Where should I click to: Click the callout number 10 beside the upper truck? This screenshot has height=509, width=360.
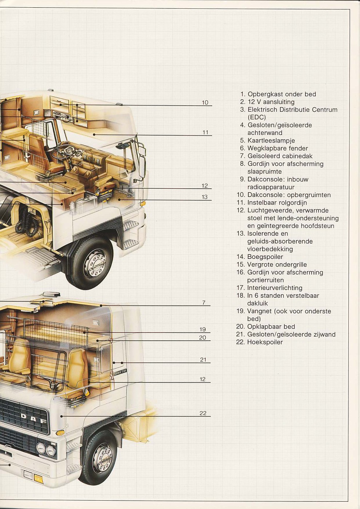pyautogui.click(x=205, y=103)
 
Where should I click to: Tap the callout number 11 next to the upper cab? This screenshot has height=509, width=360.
pyautogui.click(x=205, y=132)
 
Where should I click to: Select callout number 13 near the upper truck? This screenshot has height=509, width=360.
pyautogui.click(x=205, y=197)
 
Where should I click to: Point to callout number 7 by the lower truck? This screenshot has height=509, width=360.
pyautogui.click(x=204, y=302)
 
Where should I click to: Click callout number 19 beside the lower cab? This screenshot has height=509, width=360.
pyautogui.click(x=203, y=329)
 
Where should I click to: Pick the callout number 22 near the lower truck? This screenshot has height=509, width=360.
pyautogui.click(x=203, y=413)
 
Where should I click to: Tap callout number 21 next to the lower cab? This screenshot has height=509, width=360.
pyautogui.click(x=203, y=360)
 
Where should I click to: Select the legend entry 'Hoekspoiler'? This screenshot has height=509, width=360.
pyautogui.click(x=265, y=342)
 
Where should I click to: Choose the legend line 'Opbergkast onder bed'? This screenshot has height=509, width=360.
pyautogui.click(x=281, y=94)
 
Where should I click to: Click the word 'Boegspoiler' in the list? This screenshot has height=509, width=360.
pyautogui.click(x=265, y=257)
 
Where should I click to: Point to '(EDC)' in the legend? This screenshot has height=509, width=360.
pyautogui.click(x=257, y=117)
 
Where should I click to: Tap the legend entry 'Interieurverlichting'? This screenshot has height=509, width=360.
pyautogui.click(x=275, y=288)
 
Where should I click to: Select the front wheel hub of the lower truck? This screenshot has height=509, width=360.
pyautogui.click(x=102, y=459)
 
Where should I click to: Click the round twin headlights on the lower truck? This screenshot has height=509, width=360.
pyautogui.click(x=46, y=450)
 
